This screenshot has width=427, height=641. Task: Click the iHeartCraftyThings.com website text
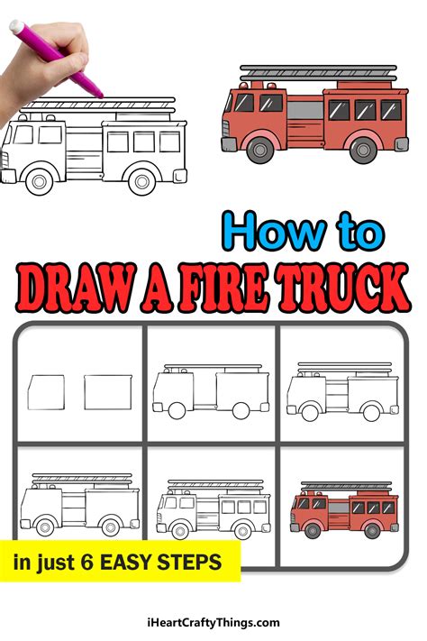(x=213, y=622)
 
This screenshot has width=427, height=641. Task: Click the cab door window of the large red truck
(x=269, y=104)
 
